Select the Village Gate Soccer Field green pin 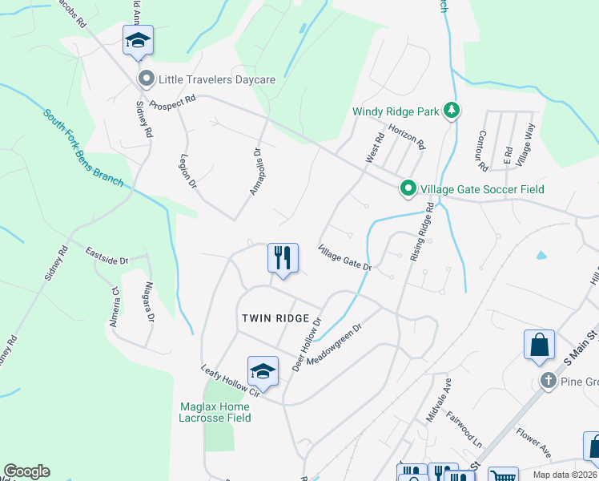tap(408, 189)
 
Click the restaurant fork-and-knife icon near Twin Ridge tap(282, 258)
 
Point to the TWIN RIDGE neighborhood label tap(275, 318)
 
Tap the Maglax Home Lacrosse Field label tap(214, 412)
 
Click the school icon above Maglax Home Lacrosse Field tap(263, 371)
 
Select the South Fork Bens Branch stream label tap(83, 148)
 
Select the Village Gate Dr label tap(346, 257)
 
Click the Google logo tap(26, 471)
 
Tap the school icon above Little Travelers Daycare tap(138, 40)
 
